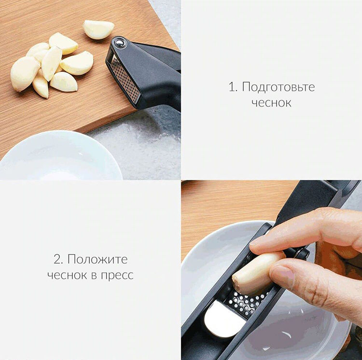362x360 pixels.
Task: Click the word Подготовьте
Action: click(x=278, y=87)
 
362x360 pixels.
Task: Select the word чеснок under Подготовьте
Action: click(x=271, y=103)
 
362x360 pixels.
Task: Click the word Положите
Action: click(x=97, y=259)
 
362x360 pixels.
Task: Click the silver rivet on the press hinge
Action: click(x=119, y=43)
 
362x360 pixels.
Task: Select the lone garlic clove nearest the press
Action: click(x=98, y=29)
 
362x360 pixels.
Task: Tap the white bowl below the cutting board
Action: click(x=58, y=157)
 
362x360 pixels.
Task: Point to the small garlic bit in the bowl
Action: click(x=287, y=334)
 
